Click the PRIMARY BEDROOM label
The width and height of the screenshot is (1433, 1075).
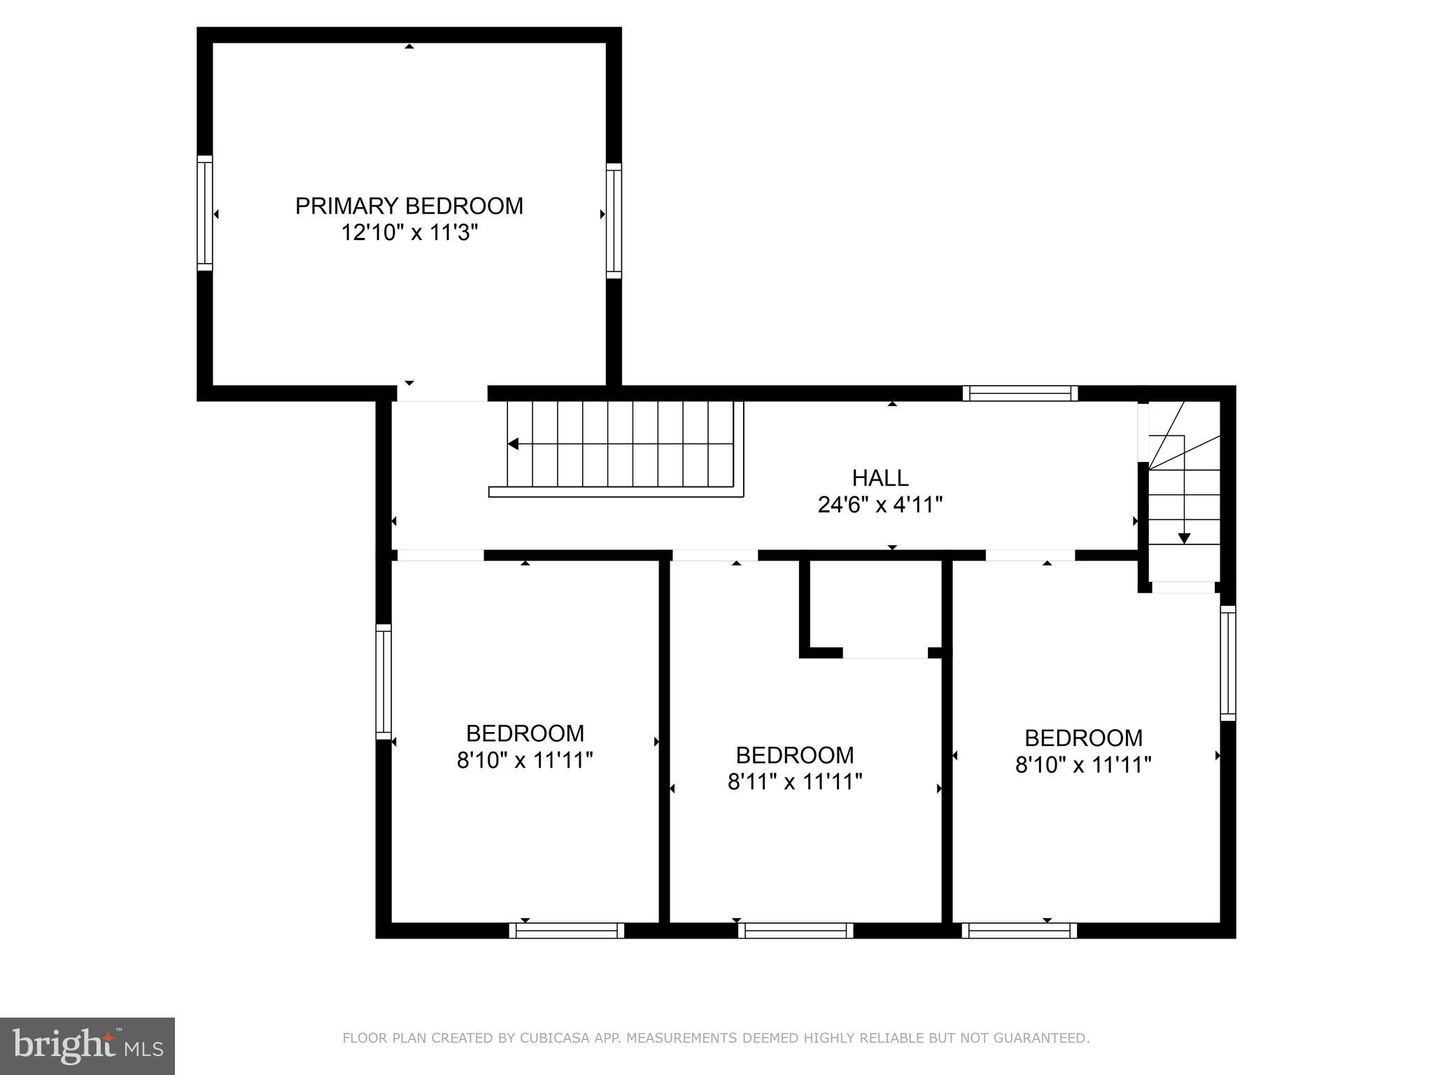409,206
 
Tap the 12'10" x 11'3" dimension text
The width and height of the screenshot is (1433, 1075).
409,232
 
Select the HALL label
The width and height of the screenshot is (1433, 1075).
880,478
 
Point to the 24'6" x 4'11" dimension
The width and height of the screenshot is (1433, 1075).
880,505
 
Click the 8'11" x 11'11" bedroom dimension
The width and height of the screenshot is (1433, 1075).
794,782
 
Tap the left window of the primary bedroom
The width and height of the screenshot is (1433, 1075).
204,213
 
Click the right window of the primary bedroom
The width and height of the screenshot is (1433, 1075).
614,220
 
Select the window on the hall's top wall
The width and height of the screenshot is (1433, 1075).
1019,393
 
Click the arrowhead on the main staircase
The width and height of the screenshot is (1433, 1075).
513,444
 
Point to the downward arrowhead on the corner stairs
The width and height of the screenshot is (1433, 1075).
1184,538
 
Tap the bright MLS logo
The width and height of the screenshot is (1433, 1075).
87,1046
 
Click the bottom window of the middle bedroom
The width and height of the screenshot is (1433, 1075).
795,931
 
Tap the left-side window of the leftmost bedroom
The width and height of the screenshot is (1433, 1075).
383,682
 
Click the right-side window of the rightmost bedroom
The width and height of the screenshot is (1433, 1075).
1228,663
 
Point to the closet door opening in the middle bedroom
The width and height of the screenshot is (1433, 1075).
884,653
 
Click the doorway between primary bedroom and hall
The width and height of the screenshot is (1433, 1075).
442,393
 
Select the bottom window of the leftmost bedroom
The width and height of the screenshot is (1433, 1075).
566,931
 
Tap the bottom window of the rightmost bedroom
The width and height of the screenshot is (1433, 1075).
1019,931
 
